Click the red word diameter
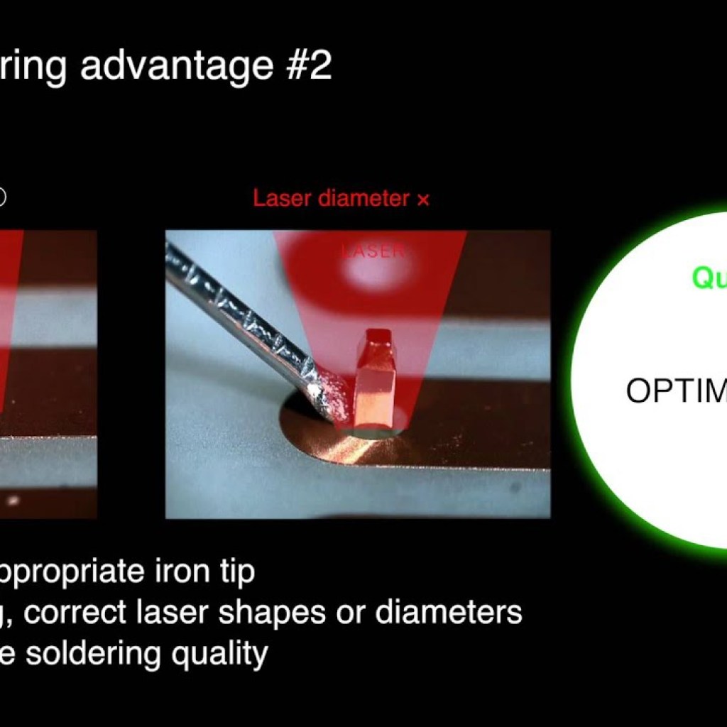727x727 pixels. tap(363, 198)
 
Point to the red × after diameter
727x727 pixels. tap(423, 199)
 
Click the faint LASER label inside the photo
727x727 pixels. tap(373, 251)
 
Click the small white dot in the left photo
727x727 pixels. tap(12, 500)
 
